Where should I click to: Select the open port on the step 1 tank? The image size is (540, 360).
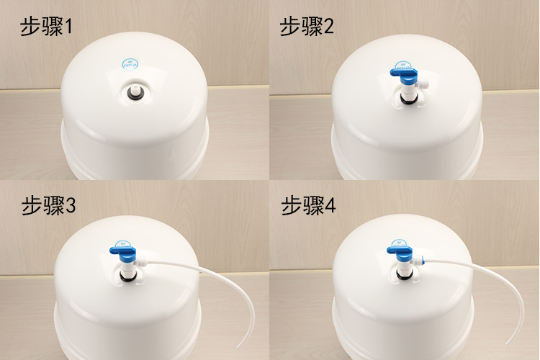click(x=135, y=92)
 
